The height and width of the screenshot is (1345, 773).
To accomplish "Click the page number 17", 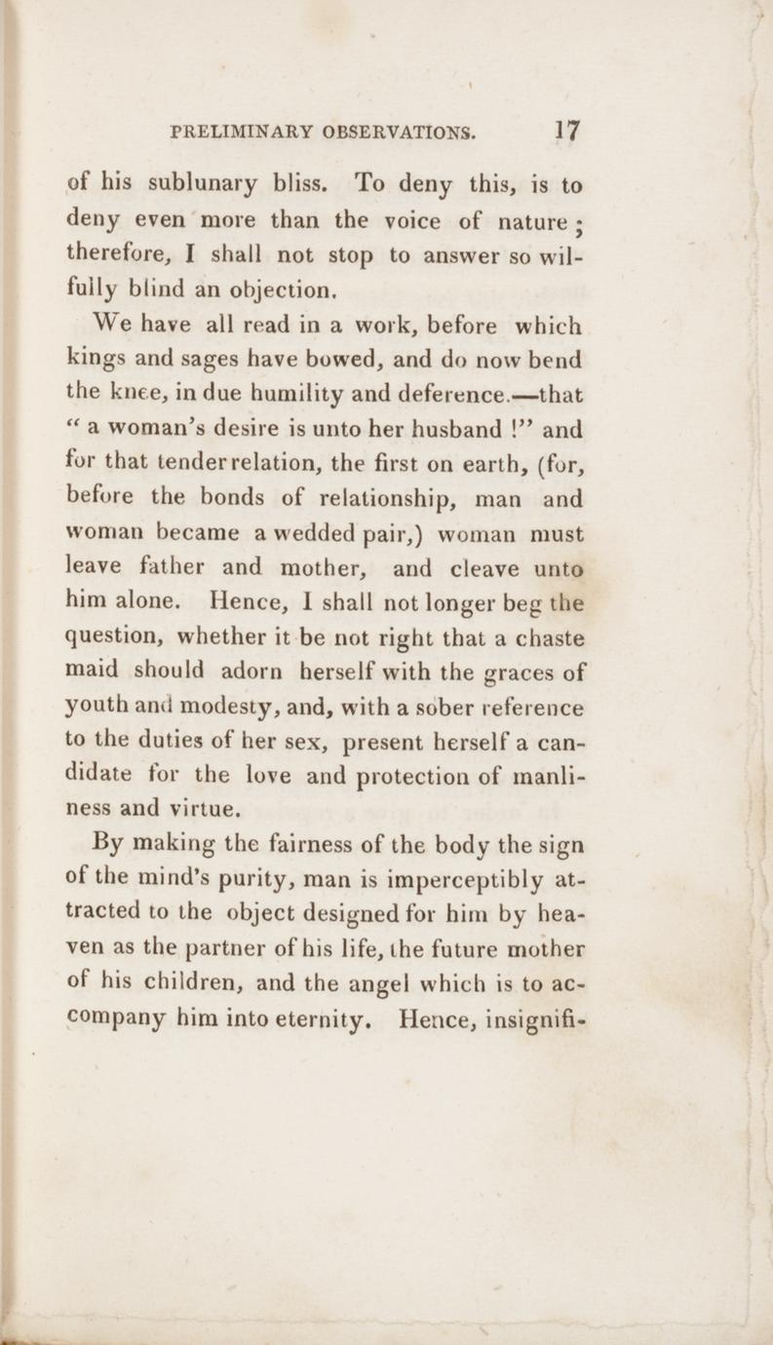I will pos(566,131).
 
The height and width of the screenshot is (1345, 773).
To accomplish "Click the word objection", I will pos(290,289).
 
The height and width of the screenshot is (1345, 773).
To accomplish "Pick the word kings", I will pos(96,360).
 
